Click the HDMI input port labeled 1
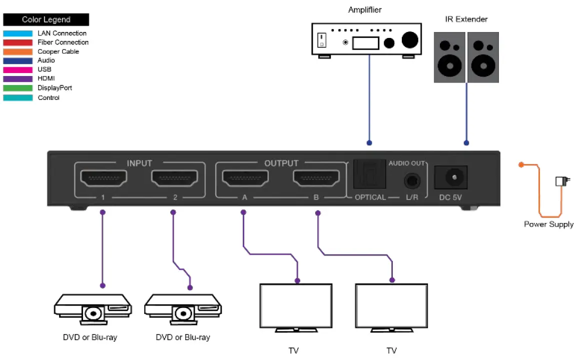[x=103, y=177]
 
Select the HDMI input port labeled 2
[x=175, y=177]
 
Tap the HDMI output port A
[x=245, y=177]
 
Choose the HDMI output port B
[x=316, y=177]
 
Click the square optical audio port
[x=368, y=174]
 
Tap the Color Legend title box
[x=46, y=20]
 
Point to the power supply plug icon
[x=562, y=181]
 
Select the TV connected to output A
[x=296, y=306]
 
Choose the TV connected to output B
[x=391, y=306]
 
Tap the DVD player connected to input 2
[x=183, y=309]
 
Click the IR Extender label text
[x=466, y=19]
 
